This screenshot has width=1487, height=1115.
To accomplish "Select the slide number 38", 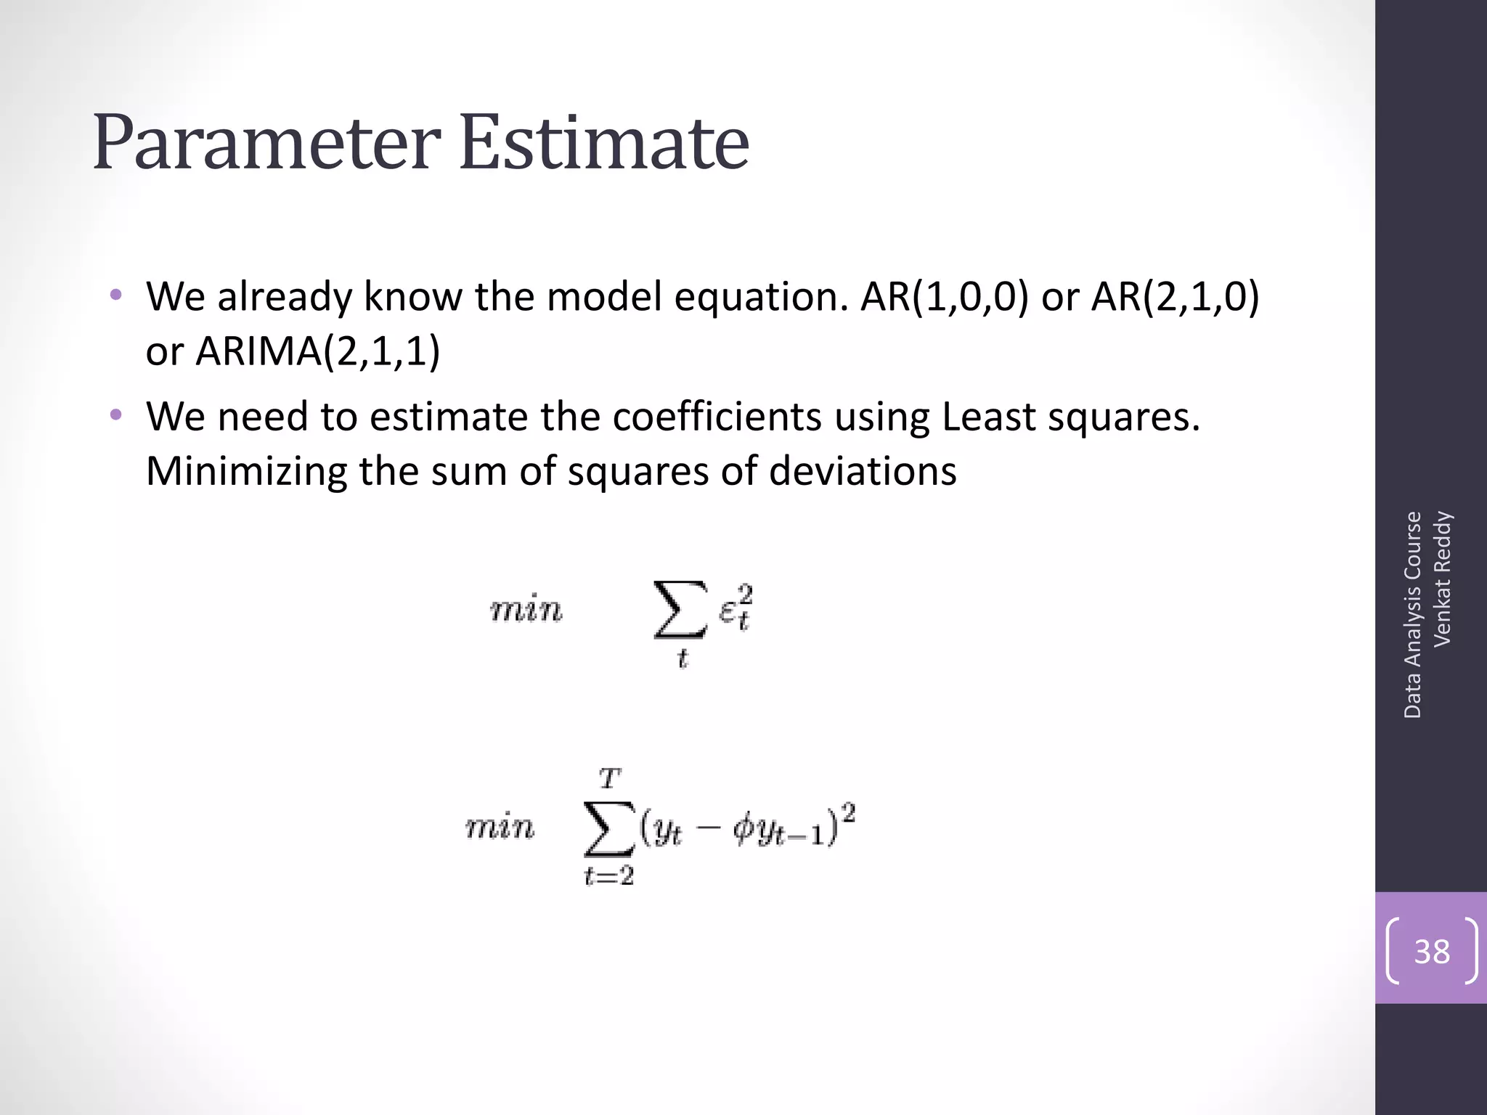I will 1432,951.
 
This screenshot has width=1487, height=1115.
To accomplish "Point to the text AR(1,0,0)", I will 945,297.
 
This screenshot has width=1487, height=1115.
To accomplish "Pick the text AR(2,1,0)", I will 1175,297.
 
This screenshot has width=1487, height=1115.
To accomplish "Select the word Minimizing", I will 247,471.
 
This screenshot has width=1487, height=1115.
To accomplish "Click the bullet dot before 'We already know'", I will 115,295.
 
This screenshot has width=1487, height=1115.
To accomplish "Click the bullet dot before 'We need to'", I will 115,415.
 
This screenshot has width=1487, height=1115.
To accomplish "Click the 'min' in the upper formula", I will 526,610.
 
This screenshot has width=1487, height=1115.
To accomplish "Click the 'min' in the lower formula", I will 500,828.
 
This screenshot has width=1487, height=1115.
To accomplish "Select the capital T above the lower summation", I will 610,779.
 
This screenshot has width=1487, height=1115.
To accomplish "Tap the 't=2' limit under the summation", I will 609,876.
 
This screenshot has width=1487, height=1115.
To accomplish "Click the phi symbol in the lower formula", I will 745,829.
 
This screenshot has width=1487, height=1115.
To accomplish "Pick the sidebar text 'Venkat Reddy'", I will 1442,579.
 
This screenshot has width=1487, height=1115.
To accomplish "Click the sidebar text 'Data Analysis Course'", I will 1412,615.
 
